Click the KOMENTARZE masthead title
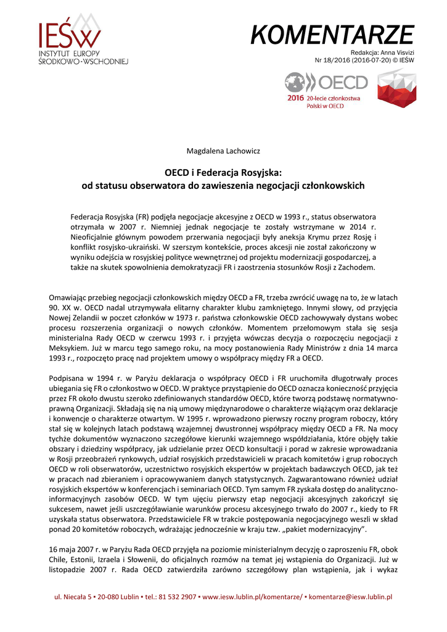332,35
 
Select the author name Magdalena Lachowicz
223,151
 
